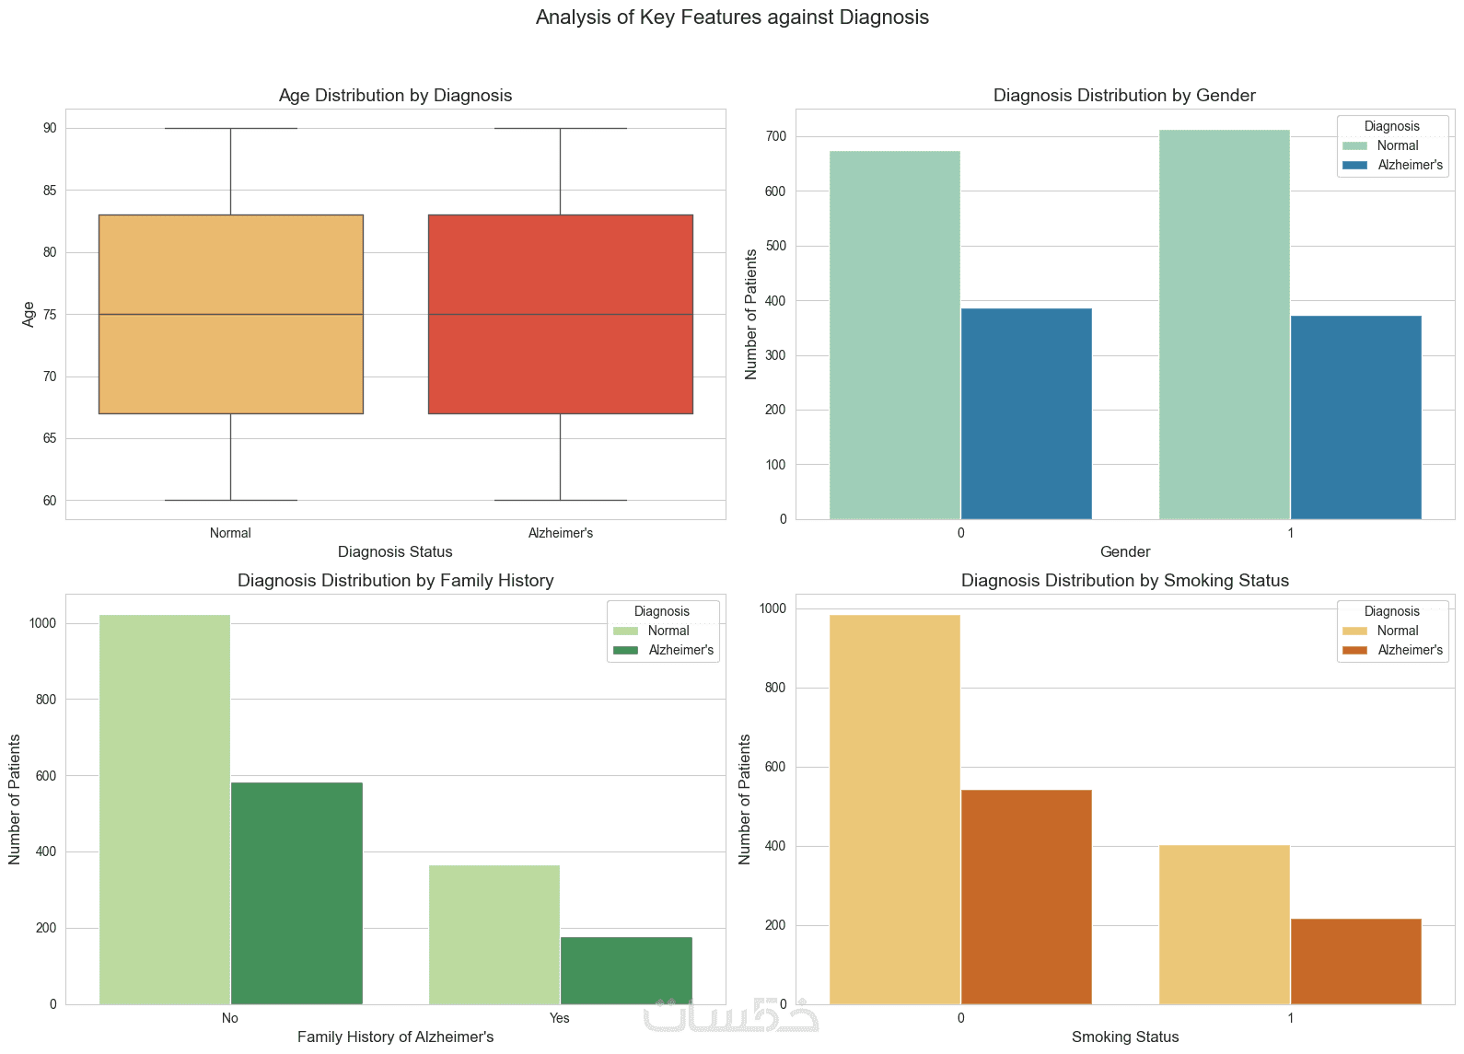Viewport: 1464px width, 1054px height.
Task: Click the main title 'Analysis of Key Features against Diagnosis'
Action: pos(732,17)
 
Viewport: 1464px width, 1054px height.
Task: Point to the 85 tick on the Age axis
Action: pos(49,191)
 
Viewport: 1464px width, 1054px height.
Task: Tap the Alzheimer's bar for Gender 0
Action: pos(1026,413)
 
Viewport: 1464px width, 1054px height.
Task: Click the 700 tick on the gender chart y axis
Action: pos(776,137)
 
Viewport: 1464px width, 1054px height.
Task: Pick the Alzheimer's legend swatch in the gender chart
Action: pos(1355,166)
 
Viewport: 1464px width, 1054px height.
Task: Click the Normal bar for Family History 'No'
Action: pos(165,809)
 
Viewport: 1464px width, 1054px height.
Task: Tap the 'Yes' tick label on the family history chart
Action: pos(560,1018)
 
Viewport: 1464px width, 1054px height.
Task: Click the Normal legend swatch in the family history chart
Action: pos(625,631)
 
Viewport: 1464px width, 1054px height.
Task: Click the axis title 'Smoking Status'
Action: pos(1125,1037)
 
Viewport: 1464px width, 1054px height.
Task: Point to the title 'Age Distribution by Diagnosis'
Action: pos(395,96)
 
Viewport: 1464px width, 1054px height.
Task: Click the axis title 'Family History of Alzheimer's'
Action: pos(395,1037)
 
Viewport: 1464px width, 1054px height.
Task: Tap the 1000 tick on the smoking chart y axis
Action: pos(773,609)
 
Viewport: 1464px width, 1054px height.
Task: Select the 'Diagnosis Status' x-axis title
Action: pos(395,552)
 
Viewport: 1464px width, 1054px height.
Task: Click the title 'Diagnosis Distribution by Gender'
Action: pos(1124,96)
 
